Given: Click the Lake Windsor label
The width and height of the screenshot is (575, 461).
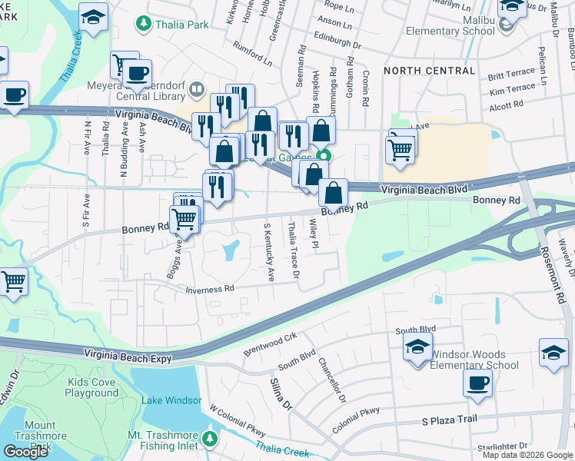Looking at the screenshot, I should [x=171, y=400].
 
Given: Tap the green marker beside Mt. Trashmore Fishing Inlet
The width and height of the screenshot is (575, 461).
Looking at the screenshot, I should [x=210, y=439].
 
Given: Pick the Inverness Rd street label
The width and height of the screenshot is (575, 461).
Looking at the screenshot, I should [x=209, y=289].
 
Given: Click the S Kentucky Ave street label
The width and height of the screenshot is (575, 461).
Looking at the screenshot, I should [x=268, y=252].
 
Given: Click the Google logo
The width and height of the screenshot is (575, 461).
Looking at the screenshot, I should [x=26, y=451].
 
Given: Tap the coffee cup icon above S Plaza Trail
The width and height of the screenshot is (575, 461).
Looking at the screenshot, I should [x=477, y=383].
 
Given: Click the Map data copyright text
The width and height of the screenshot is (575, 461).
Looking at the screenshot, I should [x=527, y=455].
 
